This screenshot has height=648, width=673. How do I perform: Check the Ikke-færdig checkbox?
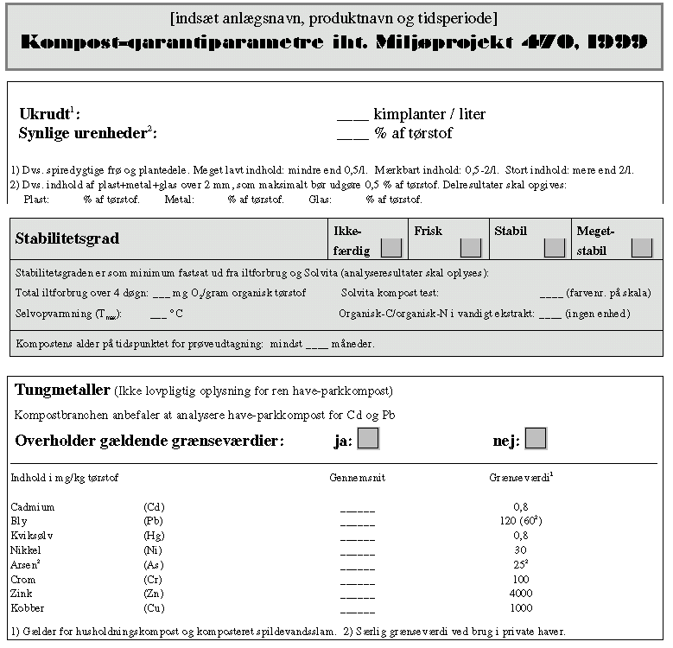[391, 248]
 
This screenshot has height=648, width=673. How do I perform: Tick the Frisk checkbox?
[470, 248]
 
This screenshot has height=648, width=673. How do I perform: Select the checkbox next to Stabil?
[555, 248]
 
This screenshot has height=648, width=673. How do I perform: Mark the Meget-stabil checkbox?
[642, 248]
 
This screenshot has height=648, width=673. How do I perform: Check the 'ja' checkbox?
[369, 439]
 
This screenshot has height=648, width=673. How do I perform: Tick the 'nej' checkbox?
[536, 439]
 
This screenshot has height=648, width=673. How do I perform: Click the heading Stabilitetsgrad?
[67, 238]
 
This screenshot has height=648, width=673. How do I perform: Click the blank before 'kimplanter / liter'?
[352, 115]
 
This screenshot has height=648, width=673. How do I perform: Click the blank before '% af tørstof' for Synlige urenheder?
[352, 134]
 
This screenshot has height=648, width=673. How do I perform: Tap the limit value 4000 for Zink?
[520, 594]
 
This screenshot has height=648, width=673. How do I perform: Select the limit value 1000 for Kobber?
[520, 607]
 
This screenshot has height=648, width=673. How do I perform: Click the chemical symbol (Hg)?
[154, 535]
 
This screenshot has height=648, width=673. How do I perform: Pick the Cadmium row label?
[33, 506]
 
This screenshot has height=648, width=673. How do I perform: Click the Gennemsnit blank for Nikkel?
[358, 550]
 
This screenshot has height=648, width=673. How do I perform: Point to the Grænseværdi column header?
[519, 477]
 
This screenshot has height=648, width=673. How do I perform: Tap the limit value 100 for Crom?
[520, 579]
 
